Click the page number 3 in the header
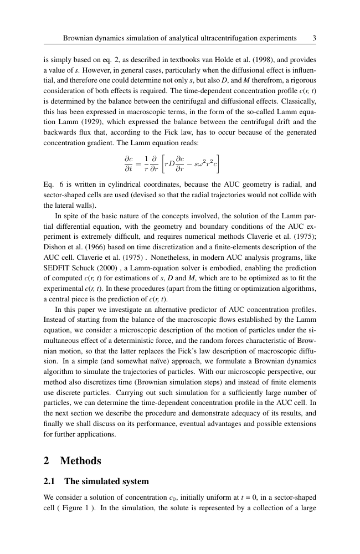pos(314,38)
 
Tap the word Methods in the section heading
pos(81,460)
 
